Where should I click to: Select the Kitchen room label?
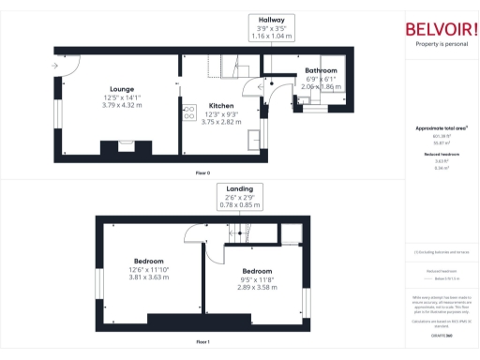tap(221, 106)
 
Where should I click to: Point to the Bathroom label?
tap(322, 71)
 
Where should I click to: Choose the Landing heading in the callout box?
tap(239, 189)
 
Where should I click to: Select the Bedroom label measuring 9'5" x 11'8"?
tap(243, 272)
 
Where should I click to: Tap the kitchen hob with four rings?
tap(178, 112)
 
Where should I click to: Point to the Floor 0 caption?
tap(202, 173)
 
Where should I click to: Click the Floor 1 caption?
tap(202, 343)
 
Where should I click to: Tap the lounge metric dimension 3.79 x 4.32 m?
tap(122, 105)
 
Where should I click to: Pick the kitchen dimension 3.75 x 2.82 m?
tap(221, 121)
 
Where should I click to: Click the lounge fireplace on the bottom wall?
tap(121, 147)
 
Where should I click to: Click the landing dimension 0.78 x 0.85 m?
tap(239, 205)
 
